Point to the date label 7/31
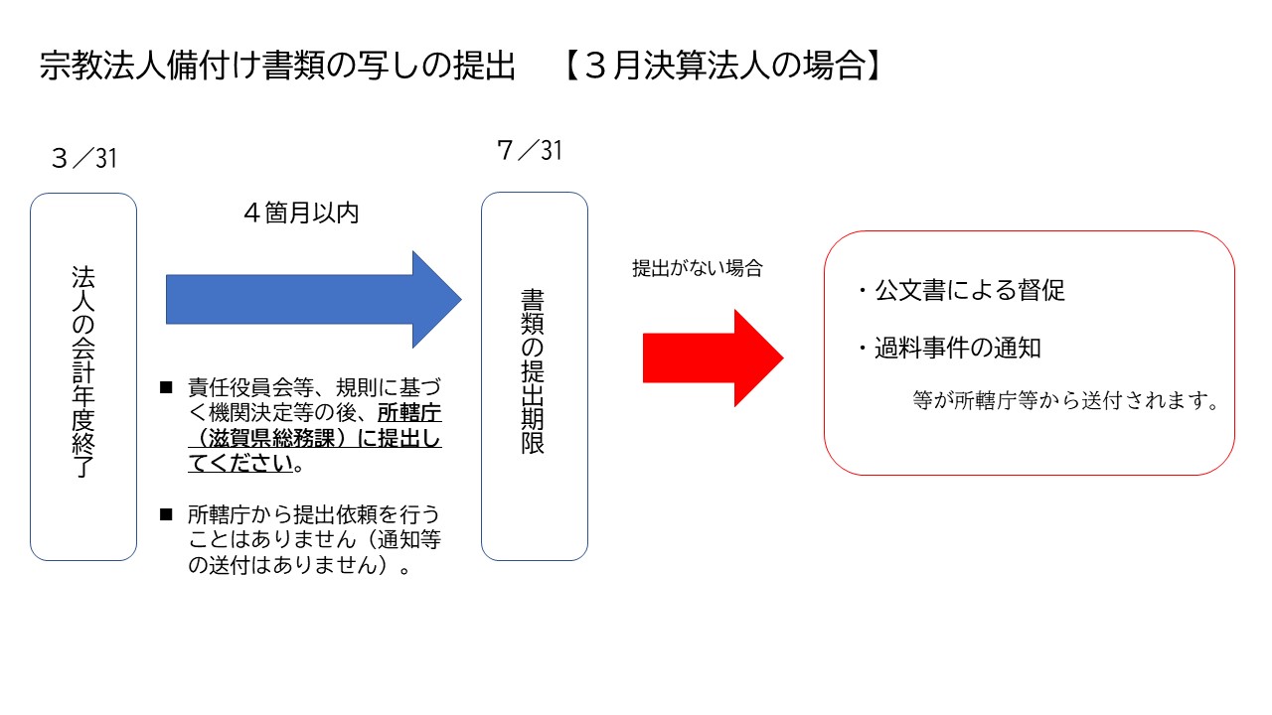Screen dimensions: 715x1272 [529, 150]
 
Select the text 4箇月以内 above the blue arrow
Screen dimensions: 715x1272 [300, 214]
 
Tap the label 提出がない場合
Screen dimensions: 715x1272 [697, 268]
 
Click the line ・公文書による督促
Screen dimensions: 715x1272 [960, 291]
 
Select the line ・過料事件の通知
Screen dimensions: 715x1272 [948, 349]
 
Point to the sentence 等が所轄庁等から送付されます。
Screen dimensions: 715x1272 [1065, 401]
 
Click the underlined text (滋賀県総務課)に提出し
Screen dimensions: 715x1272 [315, 439]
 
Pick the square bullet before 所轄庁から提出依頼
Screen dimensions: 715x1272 [166, 515]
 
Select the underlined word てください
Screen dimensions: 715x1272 [239, 464]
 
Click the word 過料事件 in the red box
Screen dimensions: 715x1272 [934, 349]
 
